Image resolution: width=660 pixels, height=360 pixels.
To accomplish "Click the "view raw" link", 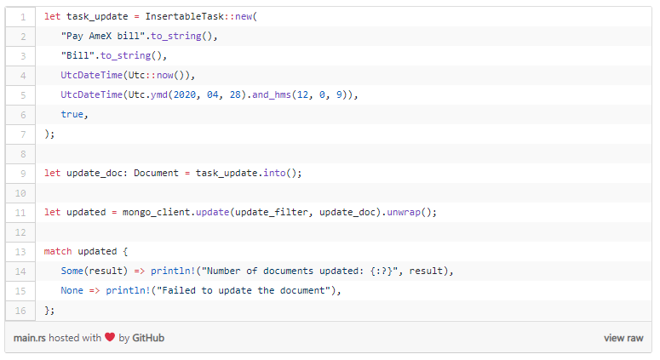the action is (623, 338).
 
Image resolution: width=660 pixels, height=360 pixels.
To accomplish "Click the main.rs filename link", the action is (30, 338).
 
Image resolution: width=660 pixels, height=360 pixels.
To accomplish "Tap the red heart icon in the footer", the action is (110, 338).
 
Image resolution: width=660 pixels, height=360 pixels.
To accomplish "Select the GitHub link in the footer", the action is (148, 338).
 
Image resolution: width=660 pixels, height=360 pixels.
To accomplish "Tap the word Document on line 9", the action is (158, 173).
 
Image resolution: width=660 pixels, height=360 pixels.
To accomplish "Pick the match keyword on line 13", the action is (58, 251).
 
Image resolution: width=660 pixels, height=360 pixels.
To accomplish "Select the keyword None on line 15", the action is (72, 290).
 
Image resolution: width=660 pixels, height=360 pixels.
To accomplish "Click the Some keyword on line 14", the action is (72, 271).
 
